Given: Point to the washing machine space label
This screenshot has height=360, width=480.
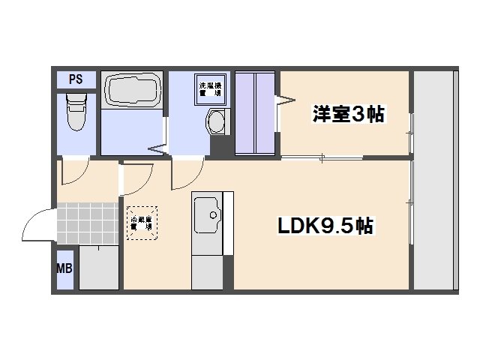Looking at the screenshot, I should pyautogui.click(x=208, y=87).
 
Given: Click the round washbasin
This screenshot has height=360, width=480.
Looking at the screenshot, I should pyautogui.click(x=215, y=121).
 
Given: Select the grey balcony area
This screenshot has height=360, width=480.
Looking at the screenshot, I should pyautogui.click(x=435, y=180).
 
